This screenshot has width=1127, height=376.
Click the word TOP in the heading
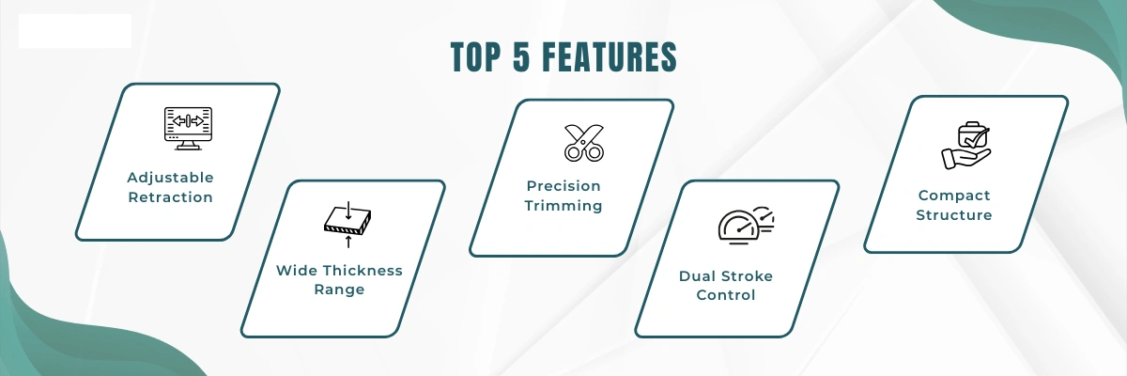tap(476, 57)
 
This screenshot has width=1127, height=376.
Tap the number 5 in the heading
tap(522, 57)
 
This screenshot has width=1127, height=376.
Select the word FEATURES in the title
tap(610, 57)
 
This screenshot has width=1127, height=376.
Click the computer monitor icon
tap(188, 129)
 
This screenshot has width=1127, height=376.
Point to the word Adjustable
tap(171, 178)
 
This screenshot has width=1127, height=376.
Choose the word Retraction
tap(171, 196)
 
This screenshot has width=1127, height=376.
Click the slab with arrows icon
tap(347, 225)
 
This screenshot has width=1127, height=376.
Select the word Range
tap(340, 290)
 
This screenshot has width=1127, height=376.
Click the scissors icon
tap(584, 143)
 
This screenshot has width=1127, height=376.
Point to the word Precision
tap(563, 186)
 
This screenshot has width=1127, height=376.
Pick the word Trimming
tap(563, 205)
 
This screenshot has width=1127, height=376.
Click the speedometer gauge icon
tap(746, 226)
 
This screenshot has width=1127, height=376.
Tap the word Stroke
tap(749, 275)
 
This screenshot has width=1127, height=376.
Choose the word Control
tap(726, 295)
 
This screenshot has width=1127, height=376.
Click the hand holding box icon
tap(966, 145)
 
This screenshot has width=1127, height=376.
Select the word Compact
tap(954, 196)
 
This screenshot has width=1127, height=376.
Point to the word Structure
tap(954, 215)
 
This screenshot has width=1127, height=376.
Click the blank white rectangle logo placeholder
tap(75, 31)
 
